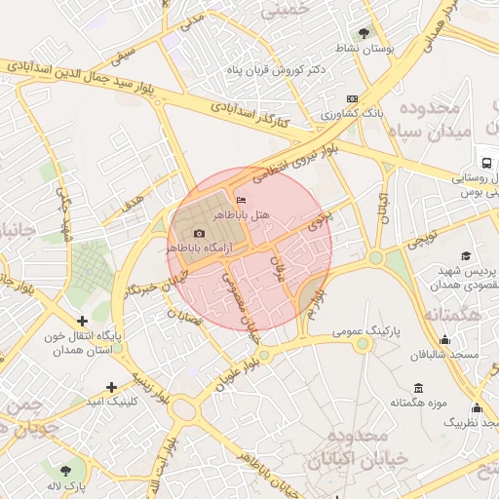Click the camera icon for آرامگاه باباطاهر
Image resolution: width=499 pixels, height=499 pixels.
click(200, 234)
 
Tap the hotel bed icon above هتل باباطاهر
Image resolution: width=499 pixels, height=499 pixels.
click(242, 201)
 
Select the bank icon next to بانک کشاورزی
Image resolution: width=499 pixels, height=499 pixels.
click(351, 99)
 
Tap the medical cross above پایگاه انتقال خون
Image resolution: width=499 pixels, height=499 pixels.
click(82, 320)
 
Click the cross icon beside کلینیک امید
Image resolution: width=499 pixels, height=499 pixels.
click(112, 387)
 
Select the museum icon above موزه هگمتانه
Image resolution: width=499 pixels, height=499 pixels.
click(418, 387)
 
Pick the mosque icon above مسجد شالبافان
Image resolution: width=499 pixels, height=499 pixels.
click(444, 340)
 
